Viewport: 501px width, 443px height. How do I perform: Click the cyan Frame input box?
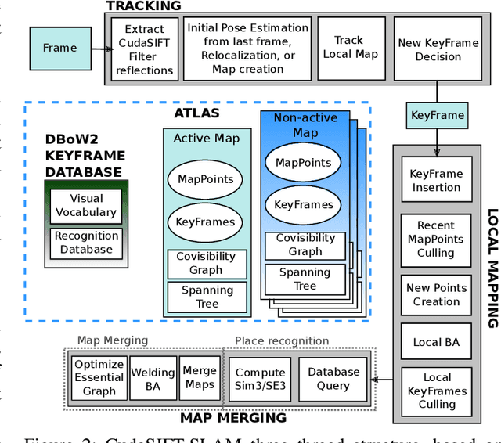click(60, 48)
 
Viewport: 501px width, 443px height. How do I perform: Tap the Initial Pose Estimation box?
click(247, 49)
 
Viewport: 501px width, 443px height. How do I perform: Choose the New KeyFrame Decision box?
click(438, 49)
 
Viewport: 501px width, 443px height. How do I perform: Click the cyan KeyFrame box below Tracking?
click(438, 115)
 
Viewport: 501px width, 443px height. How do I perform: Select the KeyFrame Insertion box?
click(437, 181)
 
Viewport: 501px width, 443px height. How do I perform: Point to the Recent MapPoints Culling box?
click(437, 240)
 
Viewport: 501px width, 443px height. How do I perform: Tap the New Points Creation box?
click(437, 295)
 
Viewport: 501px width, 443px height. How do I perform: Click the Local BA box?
click(437, 342)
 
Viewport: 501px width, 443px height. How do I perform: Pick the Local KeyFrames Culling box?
click(437, 390)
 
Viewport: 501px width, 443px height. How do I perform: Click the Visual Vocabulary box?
click(86, 205)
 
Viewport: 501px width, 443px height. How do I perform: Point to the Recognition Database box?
click(86, 242)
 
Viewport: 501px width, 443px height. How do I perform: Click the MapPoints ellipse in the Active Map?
click(204, 179)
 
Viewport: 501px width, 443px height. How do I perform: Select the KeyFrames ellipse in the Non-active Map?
click(305, 205)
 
